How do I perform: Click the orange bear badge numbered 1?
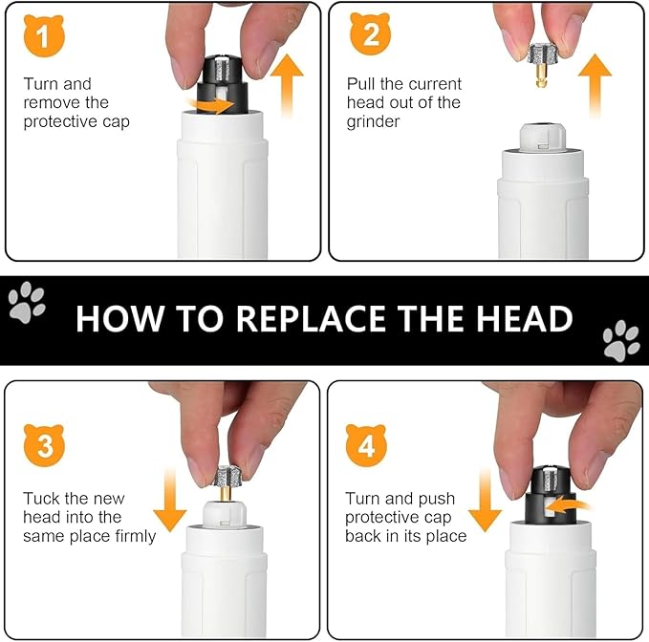pos(44,35)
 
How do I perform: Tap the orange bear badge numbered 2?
pos(371,33)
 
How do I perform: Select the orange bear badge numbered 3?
pos(44,444)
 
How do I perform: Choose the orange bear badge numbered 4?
pos(366,445)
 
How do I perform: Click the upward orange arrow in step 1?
pos(287,85)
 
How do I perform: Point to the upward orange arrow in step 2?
pos(595,85)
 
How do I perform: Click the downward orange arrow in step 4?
pos(486,501)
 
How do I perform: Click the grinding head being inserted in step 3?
pos(226,481)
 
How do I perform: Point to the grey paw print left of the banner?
pos(27,303)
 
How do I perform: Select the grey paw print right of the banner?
pos(621,341)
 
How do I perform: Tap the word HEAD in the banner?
pos(525,318)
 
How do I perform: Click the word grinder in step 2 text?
pos(374,122)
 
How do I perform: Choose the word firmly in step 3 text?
pos(136,537)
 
